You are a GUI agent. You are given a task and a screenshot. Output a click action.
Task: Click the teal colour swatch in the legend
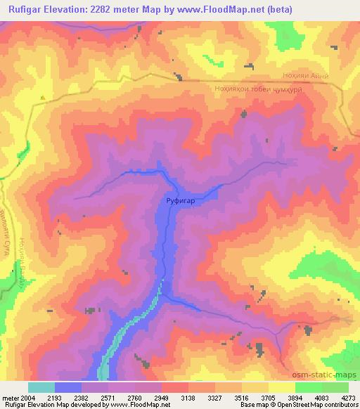pyautogui.click(x=41, y=387)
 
